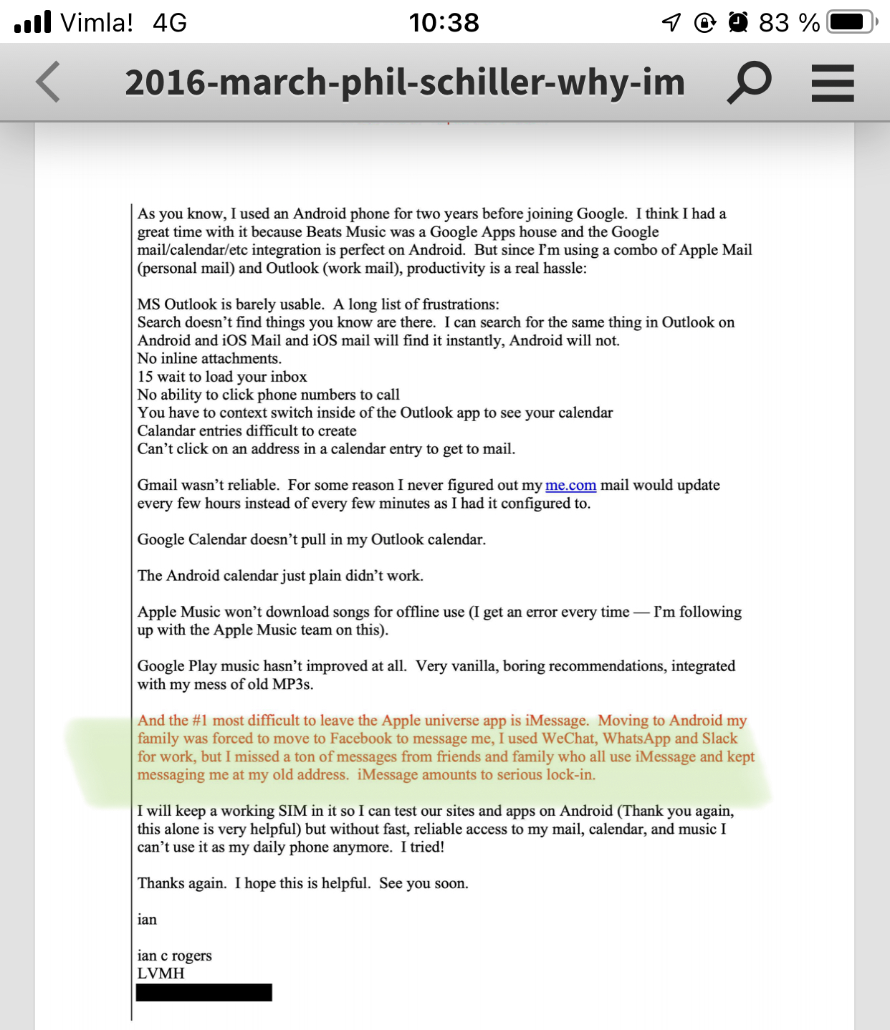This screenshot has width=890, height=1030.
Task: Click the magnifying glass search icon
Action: coord(750,82)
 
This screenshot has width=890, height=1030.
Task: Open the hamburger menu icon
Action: coord(833,83)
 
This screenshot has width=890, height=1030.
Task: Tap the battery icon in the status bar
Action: coord(851,22)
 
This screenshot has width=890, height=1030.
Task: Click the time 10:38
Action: coord(444,23)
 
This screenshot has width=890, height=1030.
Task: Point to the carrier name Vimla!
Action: coord(97,23)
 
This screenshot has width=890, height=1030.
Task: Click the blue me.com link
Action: coord(570,486)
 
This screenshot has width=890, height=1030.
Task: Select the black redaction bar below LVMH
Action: coord(204,992)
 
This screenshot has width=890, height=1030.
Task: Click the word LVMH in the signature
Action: coord(161,973)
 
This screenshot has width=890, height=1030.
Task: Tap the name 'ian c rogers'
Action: coord(175,956)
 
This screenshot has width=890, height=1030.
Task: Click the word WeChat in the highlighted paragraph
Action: coord(569,738)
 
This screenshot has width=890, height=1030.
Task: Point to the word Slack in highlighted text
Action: coord(719,738)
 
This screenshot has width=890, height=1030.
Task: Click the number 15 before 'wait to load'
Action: coord(145,377)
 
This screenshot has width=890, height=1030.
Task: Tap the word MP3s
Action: coord(292,684)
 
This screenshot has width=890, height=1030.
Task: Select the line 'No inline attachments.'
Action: coord(209,359)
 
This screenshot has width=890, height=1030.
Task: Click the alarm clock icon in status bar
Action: coord(738,23)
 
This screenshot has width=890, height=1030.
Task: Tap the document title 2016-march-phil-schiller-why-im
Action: coord(405,82)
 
